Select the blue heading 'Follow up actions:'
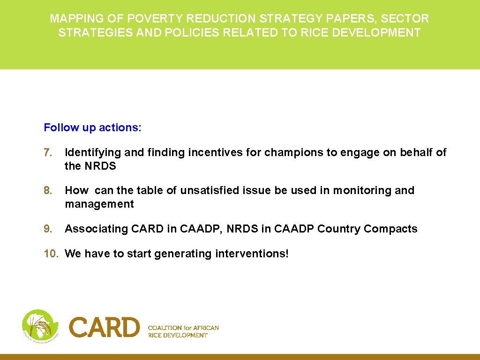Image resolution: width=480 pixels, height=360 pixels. (92, 127)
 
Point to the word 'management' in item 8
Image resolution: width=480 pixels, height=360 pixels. (99, 204)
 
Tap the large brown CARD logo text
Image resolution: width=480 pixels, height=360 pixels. (105, 327)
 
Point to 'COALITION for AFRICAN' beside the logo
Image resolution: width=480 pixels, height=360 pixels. (183, 328)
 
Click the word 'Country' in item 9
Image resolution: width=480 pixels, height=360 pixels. (338, 229)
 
